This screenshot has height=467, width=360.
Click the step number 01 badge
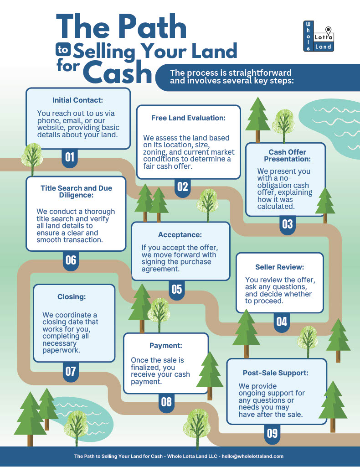[70, 158]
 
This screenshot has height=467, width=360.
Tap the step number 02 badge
[182, 187]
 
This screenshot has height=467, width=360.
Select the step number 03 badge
[287, 224]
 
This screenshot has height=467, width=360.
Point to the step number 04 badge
[282, 322]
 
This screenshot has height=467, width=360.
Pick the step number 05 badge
[176, 289]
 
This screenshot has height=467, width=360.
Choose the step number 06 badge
[71, 260]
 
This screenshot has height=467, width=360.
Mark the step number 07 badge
[70, 371]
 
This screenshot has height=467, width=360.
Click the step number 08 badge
[166, 401]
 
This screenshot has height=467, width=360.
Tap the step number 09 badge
[272, 433]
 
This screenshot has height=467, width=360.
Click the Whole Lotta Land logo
[319, 36]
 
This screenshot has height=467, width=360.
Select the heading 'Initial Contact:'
[78, 100]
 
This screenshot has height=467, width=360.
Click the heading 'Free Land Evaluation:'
[188, 118]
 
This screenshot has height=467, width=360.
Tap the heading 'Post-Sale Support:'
[276, 373]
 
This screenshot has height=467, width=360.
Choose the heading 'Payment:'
[166, 346]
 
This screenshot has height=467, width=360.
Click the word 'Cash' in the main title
[117, 73]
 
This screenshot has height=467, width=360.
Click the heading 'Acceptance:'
[180, 235]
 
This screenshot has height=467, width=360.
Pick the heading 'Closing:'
[72, 297]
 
